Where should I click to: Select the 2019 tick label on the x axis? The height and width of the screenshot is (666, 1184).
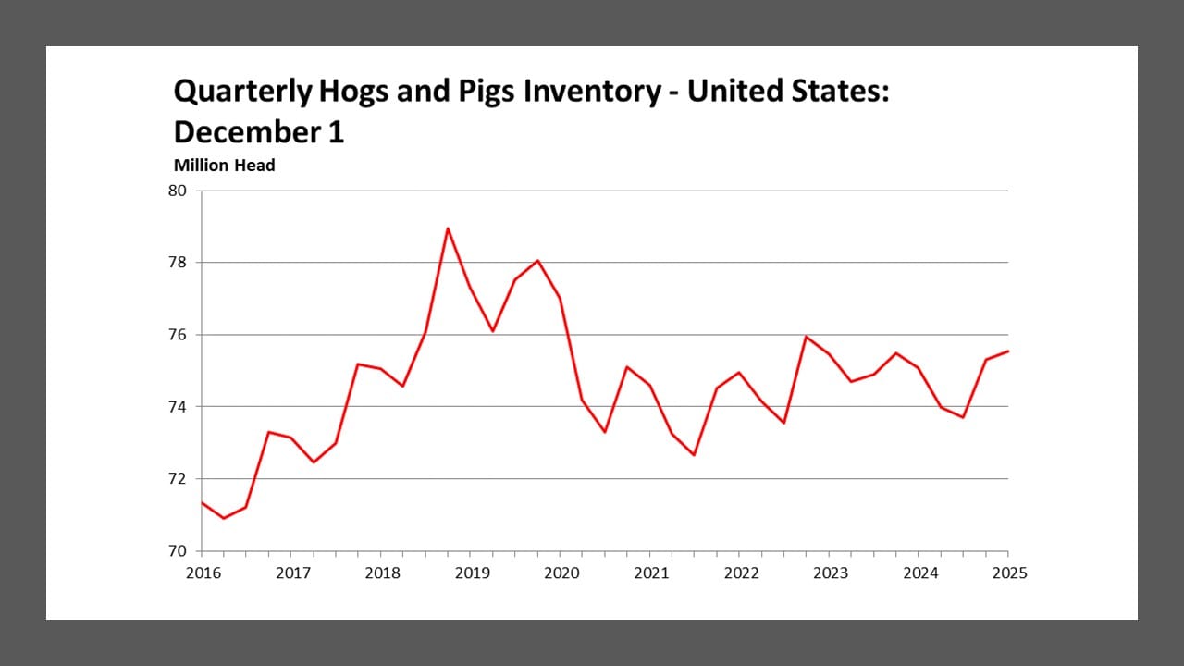(472, 573)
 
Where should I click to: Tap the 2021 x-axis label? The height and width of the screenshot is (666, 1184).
(651, 573)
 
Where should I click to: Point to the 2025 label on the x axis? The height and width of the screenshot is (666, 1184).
(1009, 573)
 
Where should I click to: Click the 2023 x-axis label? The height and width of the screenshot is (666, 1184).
(831, 573)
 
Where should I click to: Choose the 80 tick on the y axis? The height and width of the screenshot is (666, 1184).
(177, 191)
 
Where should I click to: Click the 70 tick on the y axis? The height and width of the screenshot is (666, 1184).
(177, 551)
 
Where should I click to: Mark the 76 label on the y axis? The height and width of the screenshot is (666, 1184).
(177, 335)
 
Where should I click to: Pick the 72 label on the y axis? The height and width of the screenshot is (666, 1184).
(177, 479)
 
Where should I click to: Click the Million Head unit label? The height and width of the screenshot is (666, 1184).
(224, 166)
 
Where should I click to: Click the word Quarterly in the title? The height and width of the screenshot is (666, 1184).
(242, 92)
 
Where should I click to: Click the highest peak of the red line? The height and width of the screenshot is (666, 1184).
(448, 228)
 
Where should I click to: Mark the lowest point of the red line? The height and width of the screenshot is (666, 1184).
(224, 518)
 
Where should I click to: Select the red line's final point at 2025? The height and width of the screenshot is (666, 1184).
(1008, 351)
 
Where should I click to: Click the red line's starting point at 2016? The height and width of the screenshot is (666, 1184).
(202, 502)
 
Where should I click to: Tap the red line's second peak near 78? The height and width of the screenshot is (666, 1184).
(537, 260)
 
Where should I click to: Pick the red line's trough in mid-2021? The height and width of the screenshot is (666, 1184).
(694, 455)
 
